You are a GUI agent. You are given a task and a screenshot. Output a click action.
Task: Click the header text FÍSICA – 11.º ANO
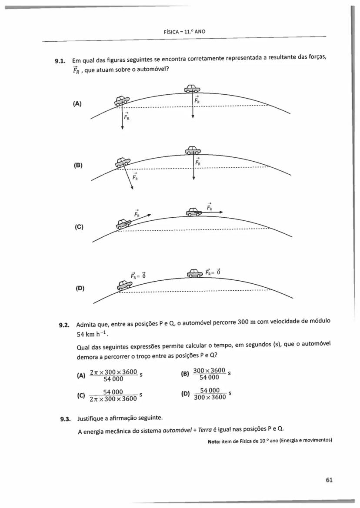coord(184,32)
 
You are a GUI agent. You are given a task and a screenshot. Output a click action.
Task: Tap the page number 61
coord(329,480)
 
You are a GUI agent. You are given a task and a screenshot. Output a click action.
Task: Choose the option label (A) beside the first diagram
coord(77,104)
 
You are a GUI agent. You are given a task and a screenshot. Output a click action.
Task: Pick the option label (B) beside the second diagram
coord(77,166)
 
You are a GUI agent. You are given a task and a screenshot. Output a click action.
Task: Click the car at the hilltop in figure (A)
coord(193,89)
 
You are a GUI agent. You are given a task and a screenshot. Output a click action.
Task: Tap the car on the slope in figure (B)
coord(122,162)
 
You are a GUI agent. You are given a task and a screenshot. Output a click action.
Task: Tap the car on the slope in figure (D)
coord(124,285)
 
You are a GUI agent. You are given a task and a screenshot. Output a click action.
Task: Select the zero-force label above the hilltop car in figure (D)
coord(214,272)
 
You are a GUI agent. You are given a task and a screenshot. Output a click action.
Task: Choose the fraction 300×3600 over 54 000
coord(209,374)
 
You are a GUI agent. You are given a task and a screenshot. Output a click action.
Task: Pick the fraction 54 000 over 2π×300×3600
coord(113,395)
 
